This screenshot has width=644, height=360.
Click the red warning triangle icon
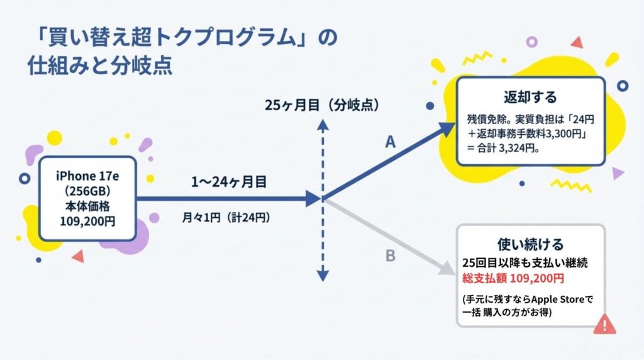click(x=604, y=324)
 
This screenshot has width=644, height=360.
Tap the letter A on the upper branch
click(x=390, y=143)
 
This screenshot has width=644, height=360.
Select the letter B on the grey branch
click(x=390, y=256)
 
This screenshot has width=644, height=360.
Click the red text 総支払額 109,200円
click(x=513, y=278)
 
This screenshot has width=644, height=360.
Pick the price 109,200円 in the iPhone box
click(x=87, y=222)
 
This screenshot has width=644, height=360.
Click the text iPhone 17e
click(x=87, y=174)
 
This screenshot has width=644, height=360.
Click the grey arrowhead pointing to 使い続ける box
click(x=447, y=271)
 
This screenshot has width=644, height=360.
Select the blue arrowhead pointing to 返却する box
click(x=447, y=128)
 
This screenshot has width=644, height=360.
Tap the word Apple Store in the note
click(x=556, y=299)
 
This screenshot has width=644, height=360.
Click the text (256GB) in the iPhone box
click(x=87, y=190)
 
